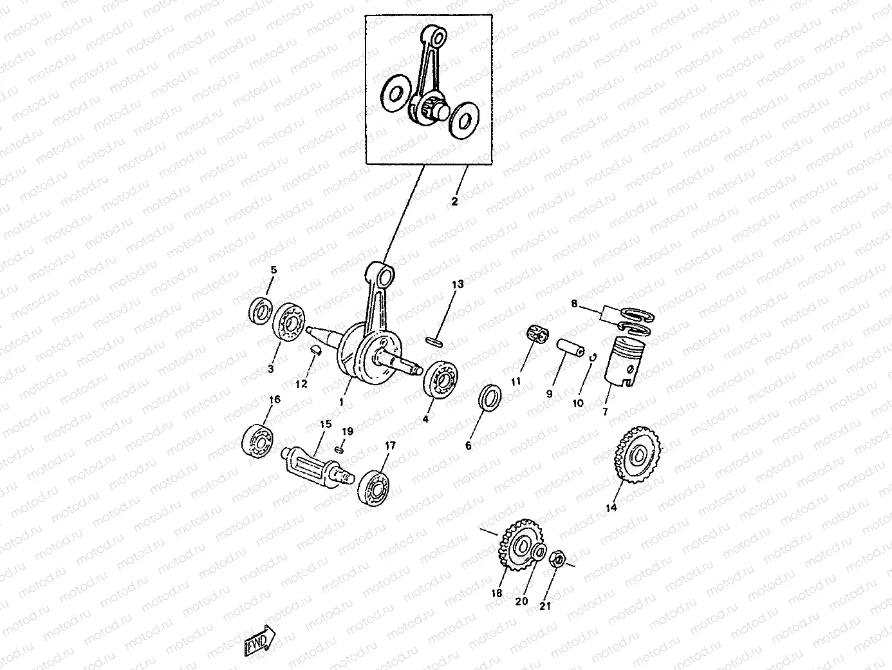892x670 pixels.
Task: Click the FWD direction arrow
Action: click(259, 641)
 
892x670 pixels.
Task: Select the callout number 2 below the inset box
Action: click(454, 201)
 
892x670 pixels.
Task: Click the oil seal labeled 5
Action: click(260, 311)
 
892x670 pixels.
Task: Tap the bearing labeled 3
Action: click(288, 323)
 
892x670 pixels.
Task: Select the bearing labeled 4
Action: click(440, 380)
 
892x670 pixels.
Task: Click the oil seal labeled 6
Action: click(490, 397)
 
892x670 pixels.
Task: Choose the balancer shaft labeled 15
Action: click(317, 468)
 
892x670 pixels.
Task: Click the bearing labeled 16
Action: click(257, 441)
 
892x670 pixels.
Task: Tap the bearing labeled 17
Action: click(373, 488)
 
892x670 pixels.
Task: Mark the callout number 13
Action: click(458, 284)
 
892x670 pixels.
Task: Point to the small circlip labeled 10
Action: click(593, 357)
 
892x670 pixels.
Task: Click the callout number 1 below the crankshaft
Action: click(341, 402)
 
